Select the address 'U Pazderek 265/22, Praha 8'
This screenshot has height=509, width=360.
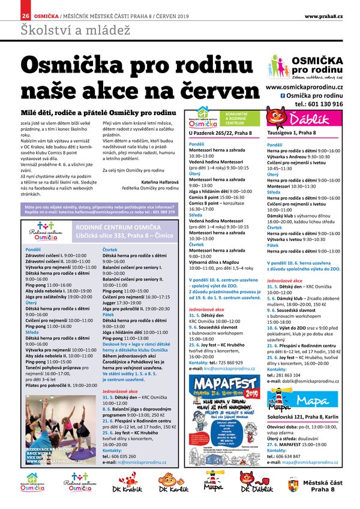tap(220, 132)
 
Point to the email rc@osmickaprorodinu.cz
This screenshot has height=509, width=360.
tap(142, 462)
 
